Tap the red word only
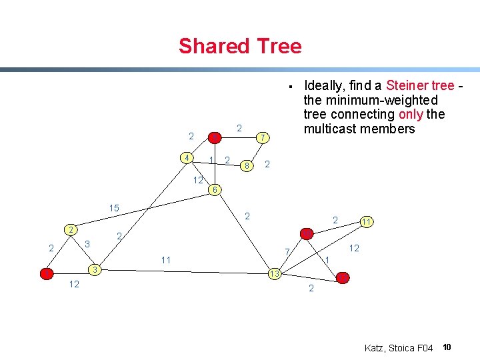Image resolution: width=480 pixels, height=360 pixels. (x=411, y=114)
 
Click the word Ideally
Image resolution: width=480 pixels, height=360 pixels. (x=327, y=86)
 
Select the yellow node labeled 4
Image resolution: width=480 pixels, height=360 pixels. (x=189, y=157)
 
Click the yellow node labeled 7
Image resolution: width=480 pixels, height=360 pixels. (x=263, y=137)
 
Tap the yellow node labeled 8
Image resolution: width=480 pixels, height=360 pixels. (x=247, y=165)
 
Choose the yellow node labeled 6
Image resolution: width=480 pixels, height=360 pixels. (x=213, y=190)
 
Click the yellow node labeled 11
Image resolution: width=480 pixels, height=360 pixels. (x=367, y=221)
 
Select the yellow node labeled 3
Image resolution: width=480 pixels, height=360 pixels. (x=96, y=269)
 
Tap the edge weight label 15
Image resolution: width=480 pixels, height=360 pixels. (x=114, y=209)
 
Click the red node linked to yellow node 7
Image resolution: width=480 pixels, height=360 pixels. (x=215, y=137)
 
